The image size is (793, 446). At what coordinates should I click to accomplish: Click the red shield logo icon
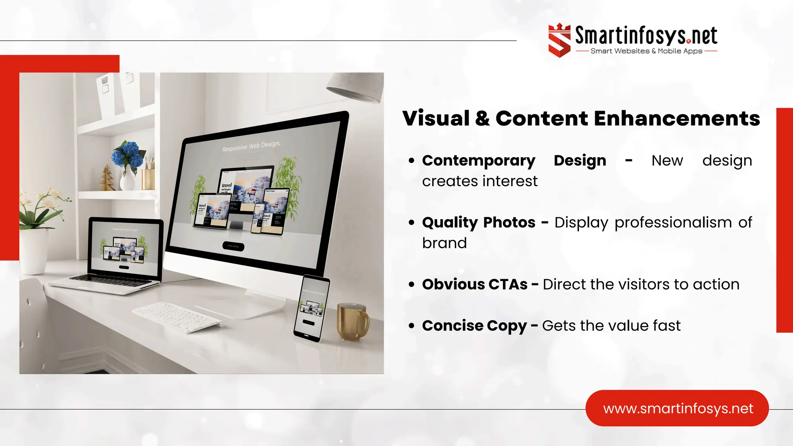click(559, 40)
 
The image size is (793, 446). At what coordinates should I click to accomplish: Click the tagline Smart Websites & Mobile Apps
click(646, 51)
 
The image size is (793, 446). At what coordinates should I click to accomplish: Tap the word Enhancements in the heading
click(676, 118)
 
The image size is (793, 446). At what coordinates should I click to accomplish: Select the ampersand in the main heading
click(482, 118)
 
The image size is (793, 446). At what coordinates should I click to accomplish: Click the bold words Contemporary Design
click(514, 161)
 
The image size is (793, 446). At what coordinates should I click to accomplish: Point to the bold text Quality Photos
click(479, 223)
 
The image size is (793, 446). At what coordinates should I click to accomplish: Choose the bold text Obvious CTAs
click(475, 285)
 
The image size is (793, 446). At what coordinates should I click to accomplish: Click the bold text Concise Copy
click(474, 326)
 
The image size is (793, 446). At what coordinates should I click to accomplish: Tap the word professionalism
click(673, 223)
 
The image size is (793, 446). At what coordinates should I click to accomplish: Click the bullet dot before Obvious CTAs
click(411, 285)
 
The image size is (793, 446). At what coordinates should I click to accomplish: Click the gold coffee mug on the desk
click(352, 322)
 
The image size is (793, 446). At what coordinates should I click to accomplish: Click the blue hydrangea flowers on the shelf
click(128, 154)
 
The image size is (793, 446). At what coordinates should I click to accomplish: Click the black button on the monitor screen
click(233, 246)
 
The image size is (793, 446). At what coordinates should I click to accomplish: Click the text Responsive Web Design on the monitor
click(251, 146)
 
